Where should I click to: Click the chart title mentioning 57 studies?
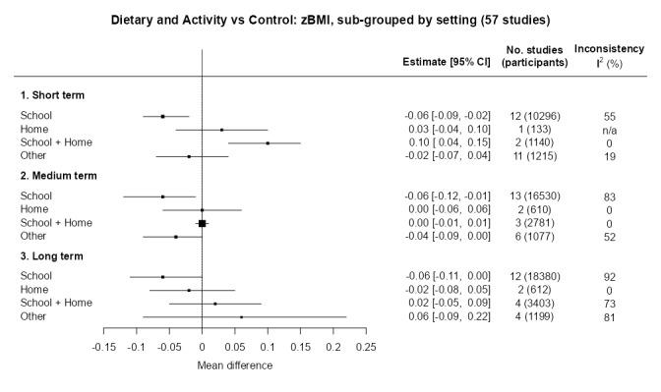330,20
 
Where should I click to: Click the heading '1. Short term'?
53,95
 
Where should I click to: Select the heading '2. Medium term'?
59,176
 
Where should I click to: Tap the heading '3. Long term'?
52,256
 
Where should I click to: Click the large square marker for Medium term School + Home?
202,223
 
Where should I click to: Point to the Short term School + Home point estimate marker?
268,142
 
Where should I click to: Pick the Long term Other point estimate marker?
241,317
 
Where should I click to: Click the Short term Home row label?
34,130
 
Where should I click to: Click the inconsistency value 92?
609,278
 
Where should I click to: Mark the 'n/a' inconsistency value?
609,130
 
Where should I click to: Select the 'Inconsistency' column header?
609,49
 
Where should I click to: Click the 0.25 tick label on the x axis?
365,348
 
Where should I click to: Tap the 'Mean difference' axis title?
234,365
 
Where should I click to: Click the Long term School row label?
36,277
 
